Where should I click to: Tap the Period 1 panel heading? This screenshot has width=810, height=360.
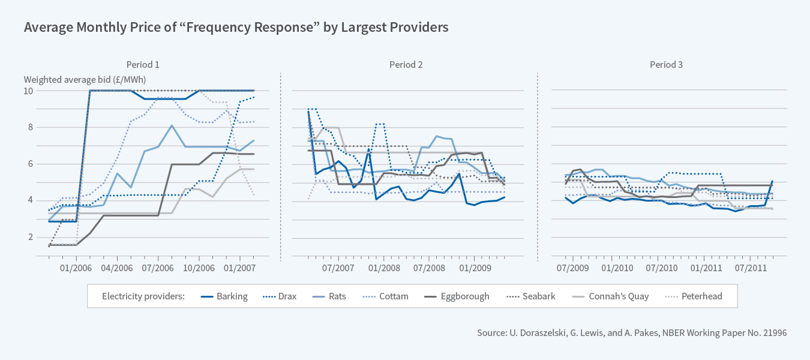[x=143, y=65]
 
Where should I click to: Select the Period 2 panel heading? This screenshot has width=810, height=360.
[x=406, y=65]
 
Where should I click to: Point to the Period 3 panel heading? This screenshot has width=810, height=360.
[x=666, y=65]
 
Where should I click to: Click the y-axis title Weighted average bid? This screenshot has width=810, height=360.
[x=85, y=79]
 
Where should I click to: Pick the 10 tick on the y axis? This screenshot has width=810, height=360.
[x=28, y=91]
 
